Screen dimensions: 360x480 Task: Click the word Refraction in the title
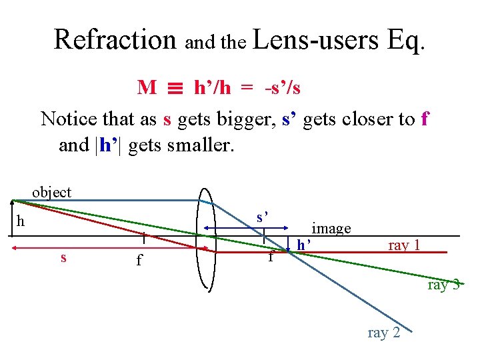coord(115,39)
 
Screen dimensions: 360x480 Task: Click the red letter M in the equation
coord(147,87)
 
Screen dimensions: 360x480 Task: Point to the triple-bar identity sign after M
coord(175,88)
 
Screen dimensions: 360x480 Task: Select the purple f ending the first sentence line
coord(425,119)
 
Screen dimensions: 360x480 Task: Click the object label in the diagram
coord(51,192)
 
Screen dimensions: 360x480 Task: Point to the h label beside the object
coord(21,221)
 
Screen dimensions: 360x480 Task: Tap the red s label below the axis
coord(63,257)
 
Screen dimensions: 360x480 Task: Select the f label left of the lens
coord(139,259)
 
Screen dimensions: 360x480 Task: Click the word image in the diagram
coord(331,229)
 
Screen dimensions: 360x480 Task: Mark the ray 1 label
coord(404,245)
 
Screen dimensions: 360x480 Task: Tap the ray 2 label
coord(384,332)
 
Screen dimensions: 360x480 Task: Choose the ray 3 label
coord(443,285)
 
